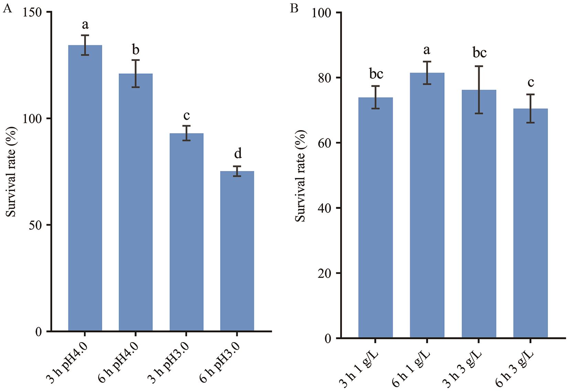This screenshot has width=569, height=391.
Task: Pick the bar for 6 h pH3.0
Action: (237, 251)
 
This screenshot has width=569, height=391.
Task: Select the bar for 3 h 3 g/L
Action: (479, 214)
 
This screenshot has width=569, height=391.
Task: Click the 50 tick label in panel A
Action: (34, 225)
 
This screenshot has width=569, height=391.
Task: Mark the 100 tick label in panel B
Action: (321, 13)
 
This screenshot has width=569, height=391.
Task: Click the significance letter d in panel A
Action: (238, 154)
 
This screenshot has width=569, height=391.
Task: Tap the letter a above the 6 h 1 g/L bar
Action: (427, 50)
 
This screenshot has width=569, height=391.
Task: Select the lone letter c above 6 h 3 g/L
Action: (531, 82)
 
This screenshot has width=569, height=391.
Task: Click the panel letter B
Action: (294, 8)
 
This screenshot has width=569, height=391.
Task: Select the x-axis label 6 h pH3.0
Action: (220, 361)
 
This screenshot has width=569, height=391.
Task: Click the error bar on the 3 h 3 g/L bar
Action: (479, 89)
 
